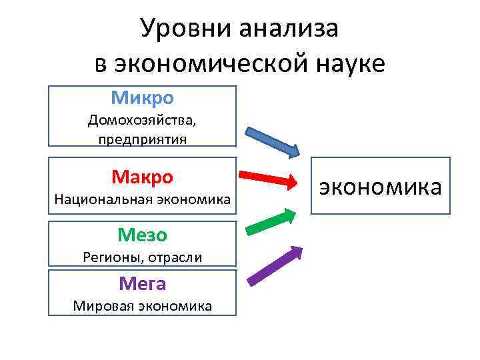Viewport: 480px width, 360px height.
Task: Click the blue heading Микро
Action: coord(143,98)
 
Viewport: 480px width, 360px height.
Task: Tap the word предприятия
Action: coord(143,139)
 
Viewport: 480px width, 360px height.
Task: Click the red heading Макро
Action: coord(142,177)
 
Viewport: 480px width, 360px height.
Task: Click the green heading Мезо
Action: coord(142,235)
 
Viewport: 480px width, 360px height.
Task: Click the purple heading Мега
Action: coord(142,284)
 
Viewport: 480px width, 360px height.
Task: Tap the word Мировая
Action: coord(103,306)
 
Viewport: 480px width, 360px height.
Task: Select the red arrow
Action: coord(267,179)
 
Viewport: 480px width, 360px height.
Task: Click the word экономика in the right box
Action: coord(381,187)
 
